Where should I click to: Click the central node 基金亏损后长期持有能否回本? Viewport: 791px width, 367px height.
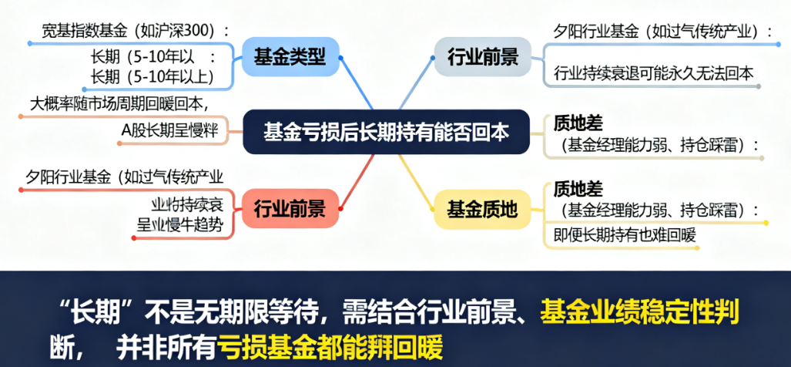click(386, 132)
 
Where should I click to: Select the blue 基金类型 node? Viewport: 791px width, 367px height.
click(290, 56)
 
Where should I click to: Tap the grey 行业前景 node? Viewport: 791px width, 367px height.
click(483, 56)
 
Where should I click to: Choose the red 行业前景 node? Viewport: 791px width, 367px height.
click(290, 208)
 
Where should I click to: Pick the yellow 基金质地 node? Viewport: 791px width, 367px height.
click(483, 208)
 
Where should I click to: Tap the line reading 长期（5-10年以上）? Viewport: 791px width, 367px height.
click(151, 76)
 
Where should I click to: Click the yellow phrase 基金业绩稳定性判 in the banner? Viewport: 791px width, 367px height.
click(639, 313)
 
